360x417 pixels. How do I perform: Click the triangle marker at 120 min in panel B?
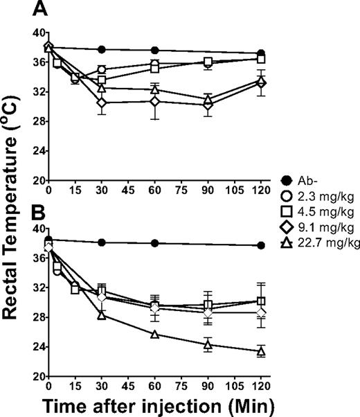(261, 351)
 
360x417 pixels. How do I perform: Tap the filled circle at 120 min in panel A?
(261, 53)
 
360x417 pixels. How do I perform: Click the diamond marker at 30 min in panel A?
(102, 103)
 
